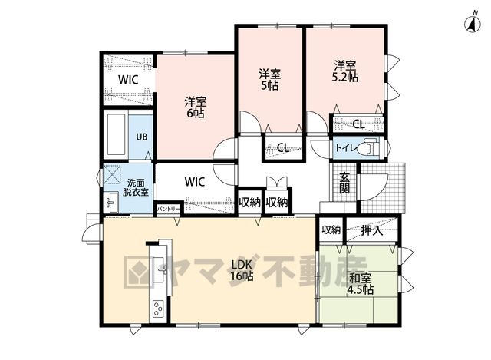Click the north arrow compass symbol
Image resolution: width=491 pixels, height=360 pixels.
point(473,23)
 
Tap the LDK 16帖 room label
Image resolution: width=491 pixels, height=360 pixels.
point(242,270)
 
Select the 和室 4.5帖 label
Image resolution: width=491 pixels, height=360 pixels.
point(360,284)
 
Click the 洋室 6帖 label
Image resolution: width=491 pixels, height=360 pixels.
point(196,107)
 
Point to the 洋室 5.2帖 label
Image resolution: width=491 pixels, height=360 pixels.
point(345,71)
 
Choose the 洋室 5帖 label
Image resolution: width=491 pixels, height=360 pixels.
point(269,80)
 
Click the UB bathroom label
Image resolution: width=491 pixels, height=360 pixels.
point(141,137)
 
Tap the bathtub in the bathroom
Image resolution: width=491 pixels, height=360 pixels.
point(116,135)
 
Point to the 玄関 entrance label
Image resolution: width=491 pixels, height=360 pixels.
point(344,183)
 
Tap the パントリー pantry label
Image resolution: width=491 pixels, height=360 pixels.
point(169,209)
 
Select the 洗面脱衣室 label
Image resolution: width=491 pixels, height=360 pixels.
point(135,187)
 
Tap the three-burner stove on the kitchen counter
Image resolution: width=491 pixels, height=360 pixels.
point(158,309)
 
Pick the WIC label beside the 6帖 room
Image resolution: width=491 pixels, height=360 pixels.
point(128,80)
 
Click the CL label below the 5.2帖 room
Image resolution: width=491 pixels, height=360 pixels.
point(358,124)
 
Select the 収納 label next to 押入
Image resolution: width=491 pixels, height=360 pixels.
point(331,230)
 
